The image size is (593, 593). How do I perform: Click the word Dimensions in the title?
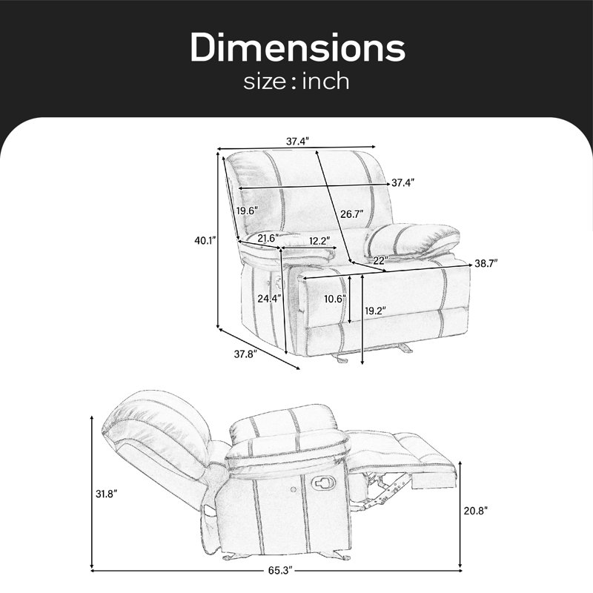(297, 47)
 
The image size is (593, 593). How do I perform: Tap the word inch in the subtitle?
(325, 82)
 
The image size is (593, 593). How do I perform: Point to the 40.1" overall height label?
(205, 240)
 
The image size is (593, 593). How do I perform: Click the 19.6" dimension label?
(248, 211)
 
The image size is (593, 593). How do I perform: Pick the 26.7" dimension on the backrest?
(351, 214)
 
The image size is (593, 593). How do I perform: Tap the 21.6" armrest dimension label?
(268, 238)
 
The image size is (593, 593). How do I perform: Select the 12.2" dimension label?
(319, 241)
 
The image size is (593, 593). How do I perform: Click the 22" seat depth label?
(381, 260)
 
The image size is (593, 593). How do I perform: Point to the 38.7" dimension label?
(486, 264)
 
